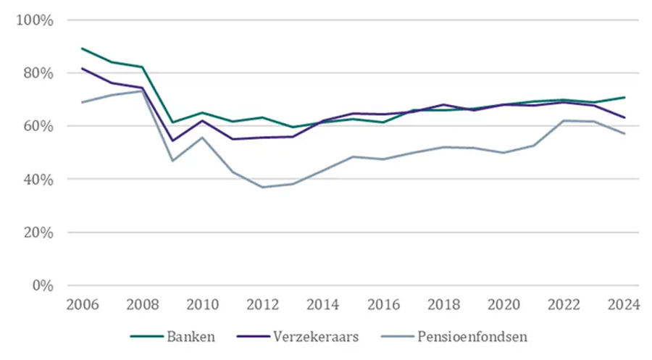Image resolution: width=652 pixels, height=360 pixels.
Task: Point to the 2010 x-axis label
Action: point(202,304)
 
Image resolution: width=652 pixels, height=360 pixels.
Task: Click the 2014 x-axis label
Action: point(322,304)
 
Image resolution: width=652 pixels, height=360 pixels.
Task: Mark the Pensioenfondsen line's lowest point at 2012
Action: point(262,187)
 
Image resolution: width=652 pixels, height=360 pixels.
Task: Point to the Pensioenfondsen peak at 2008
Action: point(142,91)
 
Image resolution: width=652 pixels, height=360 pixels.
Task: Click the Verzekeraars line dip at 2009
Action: point(172,141)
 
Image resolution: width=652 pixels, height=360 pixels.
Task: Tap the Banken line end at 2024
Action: point(624,97)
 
